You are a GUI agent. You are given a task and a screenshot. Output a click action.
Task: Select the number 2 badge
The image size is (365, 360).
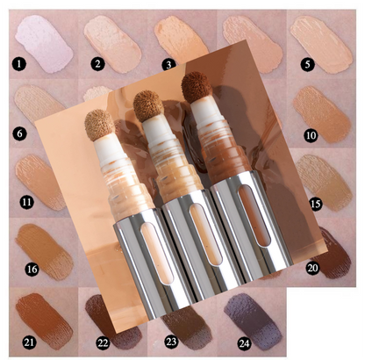tap(98, 63)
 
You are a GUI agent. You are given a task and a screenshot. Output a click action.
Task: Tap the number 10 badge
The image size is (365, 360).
tap(310, 134)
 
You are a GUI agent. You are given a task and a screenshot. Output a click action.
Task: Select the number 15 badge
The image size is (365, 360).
tap(309, 204)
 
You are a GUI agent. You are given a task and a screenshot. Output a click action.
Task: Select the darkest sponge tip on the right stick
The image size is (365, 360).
tap(194, 89)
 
